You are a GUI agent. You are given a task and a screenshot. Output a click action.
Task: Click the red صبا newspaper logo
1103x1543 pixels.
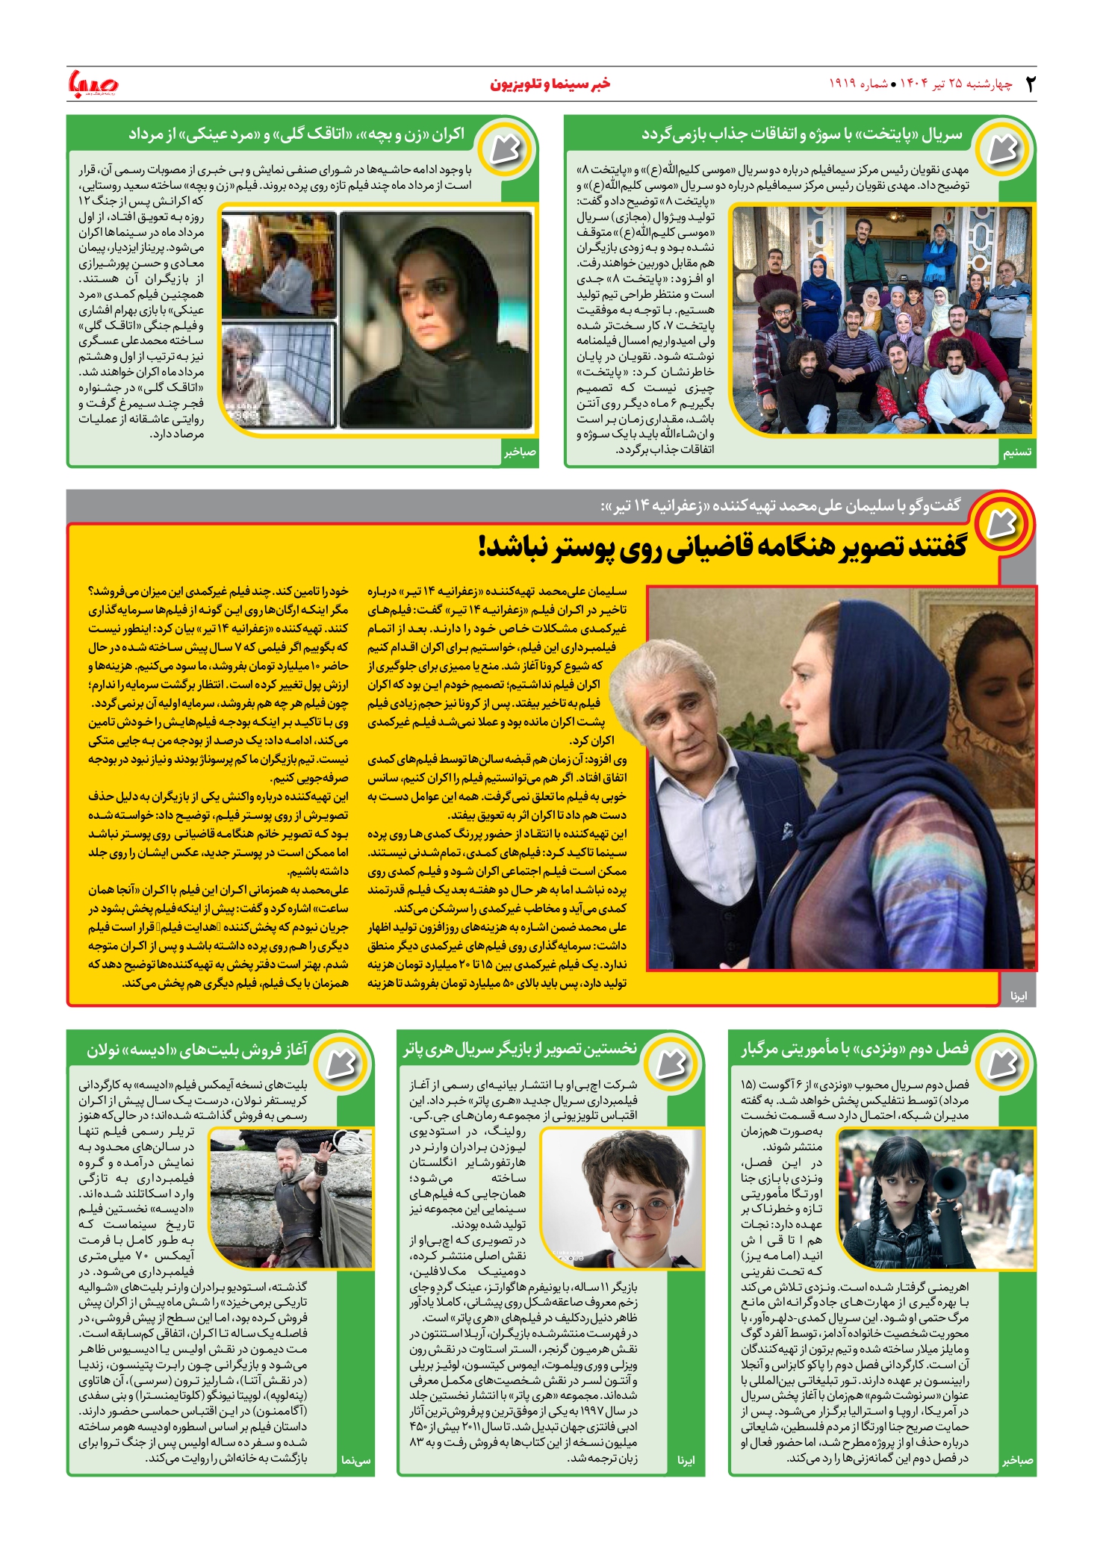pyautogui.click(x=93, y=83)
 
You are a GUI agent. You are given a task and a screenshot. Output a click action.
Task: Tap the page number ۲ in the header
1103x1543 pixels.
pyautogui.click(x=1031, y=84)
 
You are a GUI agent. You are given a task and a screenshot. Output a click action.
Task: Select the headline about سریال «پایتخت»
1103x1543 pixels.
pyautogui.click(x=801, y=135)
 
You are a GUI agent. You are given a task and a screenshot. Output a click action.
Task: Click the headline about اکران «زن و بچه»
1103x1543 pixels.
pyautogui.click(x=296, y=135)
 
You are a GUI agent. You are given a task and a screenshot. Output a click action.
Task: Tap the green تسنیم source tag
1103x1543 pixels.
pyautogui.click(x=1017, y=452)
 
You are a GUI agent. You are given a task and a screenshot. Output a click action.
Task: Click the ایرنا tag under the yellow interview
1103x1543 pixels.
pyautogui.click(x=1019, y=996)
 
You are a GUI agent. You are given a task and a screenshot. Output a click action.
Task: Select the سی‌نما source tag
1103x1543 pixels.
pyautogui.click(x=355, y=1461)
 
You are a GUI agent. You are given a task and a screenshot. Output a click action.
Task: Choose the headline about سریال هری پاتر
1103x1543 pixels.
pyautogui.click(x=520, y=1050)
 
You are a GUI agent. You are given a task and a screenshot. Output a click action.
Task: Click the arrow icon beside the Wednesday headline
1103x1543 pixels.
pyautogui.click(x=1001, y=1062)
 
